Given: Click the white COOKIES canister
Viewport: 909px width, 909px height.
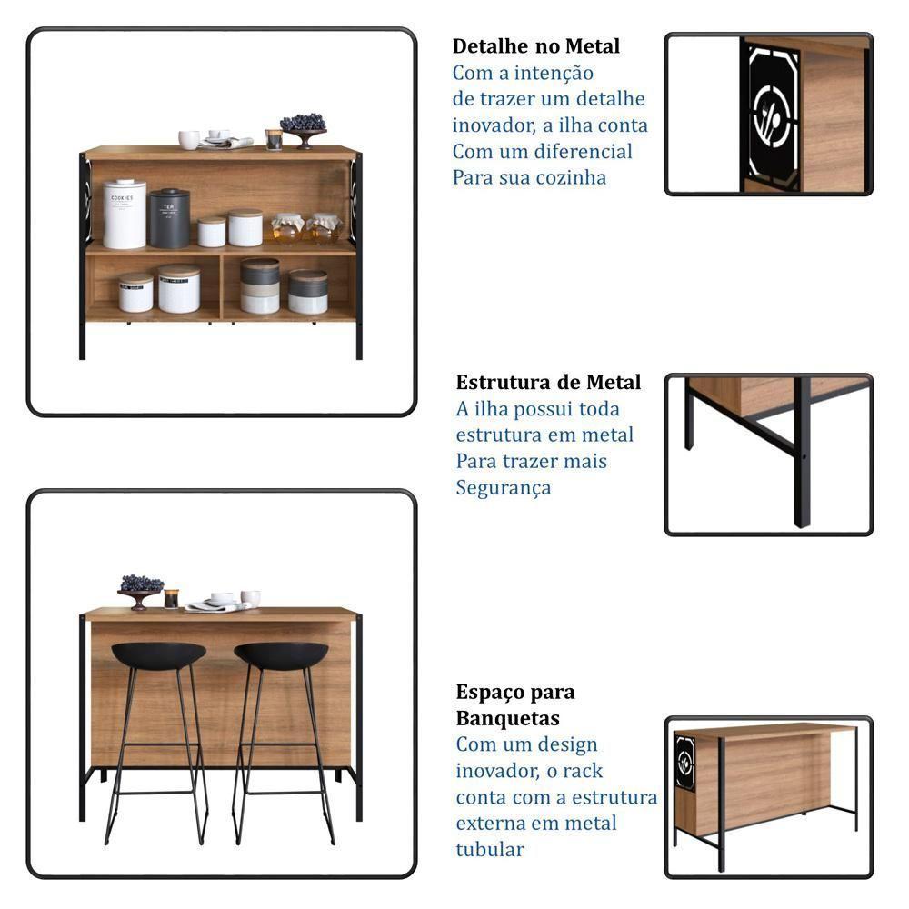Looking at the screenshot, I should pyautogui.click(x=124, y=215).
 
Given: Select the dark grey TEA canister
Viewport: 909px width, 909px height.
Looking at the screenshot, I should pyautogui.click(x=169, y=219).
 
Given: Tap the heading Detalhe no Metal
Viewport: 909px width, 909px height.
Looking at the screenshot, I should pyautogui.click(x=536, y=45).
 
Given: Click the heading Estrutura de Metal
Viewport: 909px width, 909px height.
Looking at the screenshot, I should pyautogui.click(x=548, y=382).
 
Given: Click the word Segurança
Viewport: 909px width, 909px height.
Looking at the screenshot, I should pyautogui.click(x=504, y=488).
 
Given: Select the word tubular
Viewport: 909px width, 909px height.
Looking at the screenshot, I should pyautogui.click(x=491, y=850).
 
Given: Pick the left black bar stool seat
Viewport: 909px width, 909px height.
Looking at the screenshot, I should pyautogui.click(x=158, y=654).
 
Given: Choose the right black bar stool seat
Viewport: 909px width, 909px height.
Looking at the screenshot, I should pyautogui.click(x=281, y=654).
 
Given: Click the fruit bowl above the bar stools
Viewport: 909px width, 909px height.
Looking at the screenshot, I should pyautogui.click(x=141, y=589).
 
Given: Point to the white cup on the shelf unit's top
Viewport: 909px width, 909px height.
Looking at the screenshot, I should pyautogui.click(x=189, y=139).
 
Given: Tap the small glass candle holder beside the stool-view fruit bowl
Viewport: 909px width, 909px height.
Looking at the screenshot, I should pyautogui.click(x=171, y=598).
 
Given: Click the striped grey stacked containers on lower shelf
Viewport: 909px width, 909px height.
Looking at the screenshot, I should pyautogui.click(x=260, y=286).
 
